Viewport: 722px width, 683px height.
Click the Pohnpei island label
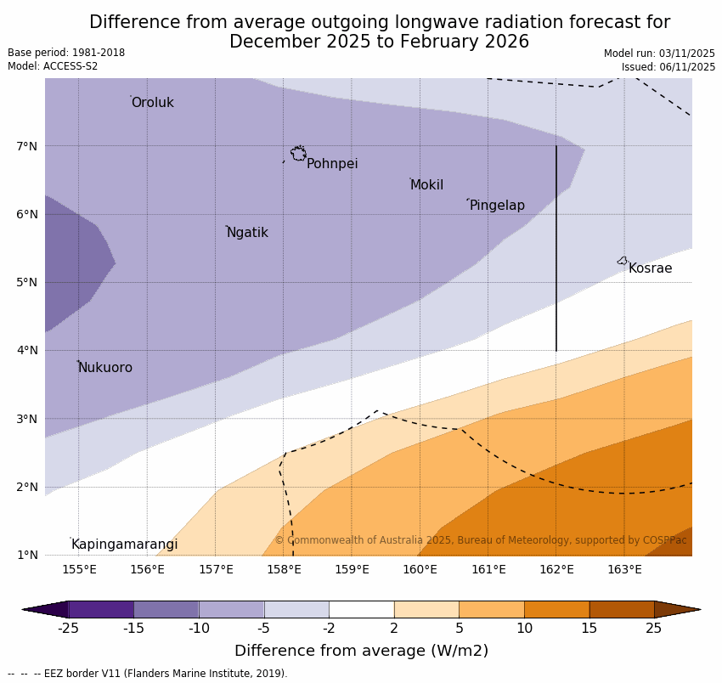(x=332, y=164)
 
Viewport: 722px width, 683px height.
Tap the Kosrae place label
(x=650, y=268)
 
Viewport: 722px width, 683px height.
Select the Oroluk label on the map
(x=152, y=103)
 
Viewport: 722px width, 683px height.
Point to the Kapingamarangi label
(x=124, y=545)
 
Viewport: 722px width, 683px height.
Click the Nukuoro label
(x=105, y=368)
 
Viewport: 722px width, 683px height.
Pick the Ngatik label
(x=247, y=233)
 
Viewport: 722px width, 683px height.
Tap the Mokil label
(x=426, y=185)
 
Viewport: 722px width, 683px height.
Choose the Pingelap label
(x=497, y=206)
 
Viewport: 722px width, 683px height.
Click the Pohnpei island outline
(x=298, y=154)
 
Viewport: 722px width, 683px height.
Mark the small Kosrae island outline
(x=623, y=261)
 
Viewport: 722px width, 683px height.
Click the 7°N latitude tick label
(x=27, y=146)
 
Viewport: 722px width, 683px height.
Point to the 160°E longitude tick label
(x=420, y=569)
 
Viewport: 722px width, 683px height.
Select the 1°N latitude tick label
(x=27, y=555)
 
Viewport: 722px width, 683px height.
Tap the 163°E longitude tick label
(x=624, y=569)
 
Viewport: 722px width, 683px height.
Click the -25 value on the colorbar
(x=68, y=629)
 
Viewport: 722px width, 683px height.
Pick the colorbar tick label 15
(x=589, y=629)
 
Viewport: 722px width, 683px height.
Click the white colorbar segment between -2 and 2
(x=361, y=609)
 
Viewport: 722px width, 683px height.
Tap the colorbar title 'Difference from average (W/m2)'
(x=361, y=652)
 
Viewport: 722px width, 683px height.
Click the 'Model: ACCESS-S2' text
(x=53, y=66)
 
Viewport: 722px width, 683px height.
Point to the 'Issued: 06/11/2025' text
(x=668, y=66)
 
